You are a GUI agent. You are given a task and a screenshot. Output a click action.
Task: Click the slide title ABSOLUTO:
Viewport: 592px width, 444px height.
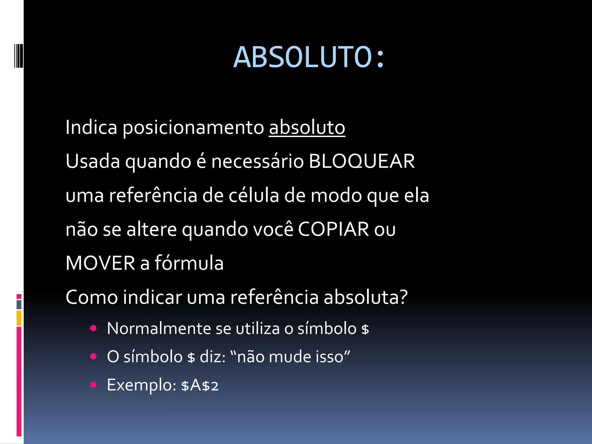[x=309, y=57]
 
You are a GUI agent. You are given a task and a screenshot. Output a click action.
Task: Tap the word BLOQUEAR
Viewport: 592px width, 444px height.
[x=362, y=161]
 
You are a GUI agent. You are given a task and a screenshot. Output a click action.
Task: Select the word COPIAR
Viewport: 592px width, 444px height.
[x=333, y=229]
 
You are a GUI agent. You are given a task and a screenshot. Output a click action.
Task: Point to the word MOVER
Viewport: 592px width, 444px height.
[x=100, y=263]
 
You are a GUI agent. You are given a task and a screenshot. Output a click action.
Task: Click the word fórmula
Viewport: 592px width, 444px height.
[x=189, y=263]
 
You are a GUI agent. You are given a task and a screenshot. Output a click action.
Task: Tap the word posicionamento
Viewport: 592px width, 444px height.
[x=193, y=128]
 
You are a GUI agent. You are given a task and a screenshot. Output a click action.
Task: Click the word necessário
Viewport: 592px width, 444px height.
[x=258, y=161]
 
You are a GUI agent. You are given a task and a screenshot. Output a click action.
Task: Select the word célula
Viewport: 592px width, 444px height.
[x=254, y=195]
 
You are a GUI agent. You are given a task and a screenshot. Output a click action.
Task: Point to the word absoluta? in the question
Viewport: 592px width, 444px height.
[x=366, y=297]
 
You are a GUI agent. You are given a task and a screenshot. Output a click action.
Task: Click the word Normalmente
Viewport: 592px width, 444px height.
[x=159, y=329]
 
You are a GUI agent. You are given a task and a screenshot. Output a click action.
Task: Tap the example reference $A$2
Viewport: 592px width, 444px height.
[x=200, y=385]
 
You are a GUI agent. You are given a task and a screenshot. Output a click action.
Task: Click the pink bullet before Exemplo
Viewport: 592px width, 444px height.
[x=93, y=384]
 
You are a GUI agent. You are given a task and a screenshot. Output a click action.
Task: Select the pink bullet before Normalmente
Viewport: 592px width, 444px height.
[x=93, y=328]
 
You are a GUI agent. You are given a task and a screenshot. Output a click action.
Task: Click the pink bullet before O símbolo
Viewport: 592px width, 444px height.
[x=93, y=356]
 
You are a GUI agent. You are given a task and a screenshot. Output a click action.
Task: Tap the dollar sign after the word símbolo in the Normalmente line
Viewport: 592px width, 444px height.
[x=365, y=329]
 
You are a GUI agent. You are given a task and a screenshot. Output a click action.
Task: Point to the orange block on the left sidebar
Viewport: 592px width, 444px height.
[x=19, y=318]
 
